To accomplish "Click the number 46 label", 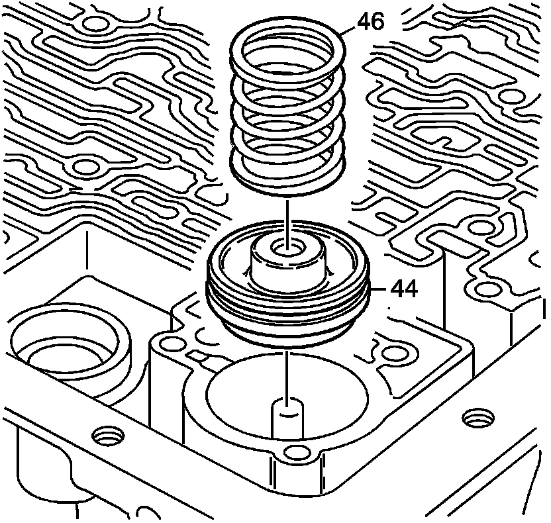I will coord(371,21).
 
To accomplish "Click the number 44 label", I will coord(403,289).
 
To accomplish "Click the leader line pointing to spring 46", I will coord(350,30).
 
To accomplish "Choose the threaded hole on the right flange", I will coord(477,418).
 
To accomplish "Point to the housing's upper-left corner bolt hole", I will coord(174,344).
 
